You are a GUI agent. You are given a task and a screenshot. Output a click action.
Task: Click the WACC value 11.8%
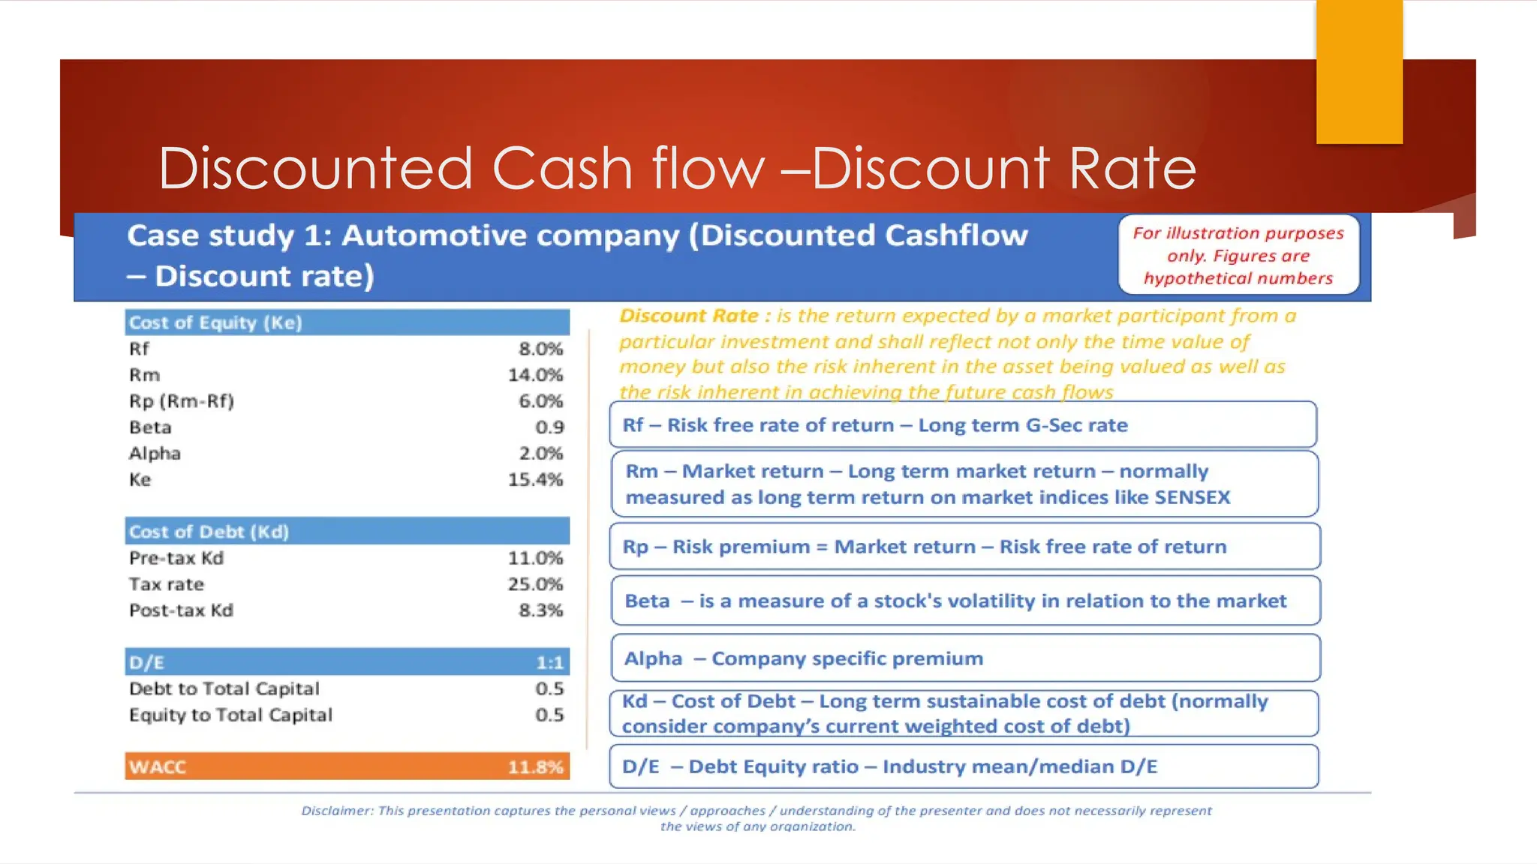pyautogui.click(x=535, y=766)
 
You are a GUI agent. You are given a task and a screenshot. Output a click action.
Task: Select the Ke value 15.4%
pyautogui.click(x=535, y=479)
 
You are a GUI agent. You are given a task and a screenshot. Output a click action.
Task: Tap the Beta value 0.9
pyautogui.click(x=549, y=427)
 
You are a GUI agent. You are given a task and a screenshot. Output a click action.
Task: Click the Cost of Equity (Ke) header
pyautogui.click(x=215, y=322)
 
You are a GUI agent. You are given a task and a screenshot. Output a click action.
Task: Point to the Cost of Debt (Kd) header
pyautogui.click(x=209, y=532)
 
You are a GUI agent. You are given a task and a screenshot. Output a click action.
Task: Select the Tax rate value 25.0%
pyautogui.click(x=535, y=583)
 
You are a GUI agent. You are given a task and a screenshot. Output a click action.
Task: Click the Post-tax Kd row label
pyautogui.click(x=181, y=610)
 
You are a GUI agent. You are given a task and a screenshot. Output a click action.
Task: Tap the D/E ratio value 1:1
pyautogui.click(x=549, y=662)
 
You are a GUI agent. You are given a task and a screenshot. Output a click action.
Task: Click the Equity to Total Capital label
pyautogui.click(x=230, y=715)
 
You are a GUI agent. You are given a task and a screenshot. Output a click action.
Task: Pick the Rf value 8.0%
pyautogui.click(x=540, y=349)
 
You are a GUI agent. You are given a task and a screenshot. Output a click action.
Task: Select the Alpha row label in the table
pyautogui.click(x=155, y=453)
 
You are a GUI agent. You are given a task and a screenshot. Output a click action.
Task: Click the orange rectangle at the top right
pyautogui.click(x=1359, y=71)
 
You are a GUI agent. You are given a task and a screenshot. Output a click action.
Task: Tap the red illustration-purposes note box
pyautogui.click(x=1238, y=256)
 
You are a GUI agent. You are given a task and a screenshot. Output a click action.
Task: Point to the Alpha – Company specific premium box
pyautogui.click(x=965, y=658)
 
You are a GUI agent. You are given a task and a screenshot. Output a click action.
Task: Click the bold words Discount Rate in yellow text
pyautogui.click(x=688, y=316)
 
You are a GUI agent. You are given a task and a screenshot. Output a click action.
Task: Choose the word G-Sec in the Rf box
pyautogui.click(x=1051, y=425)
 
